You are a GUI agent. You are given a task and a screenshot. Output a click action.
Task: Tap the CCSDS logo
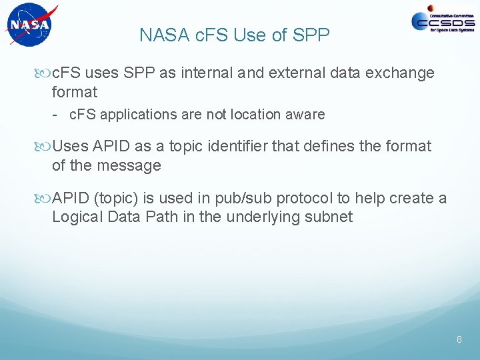click(443, 22)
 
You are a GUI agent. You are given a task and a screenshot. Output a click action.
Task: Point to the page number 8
click(459, 340)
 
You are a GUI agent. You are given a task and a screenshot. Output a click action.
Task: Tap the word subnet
click(331, 217)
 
